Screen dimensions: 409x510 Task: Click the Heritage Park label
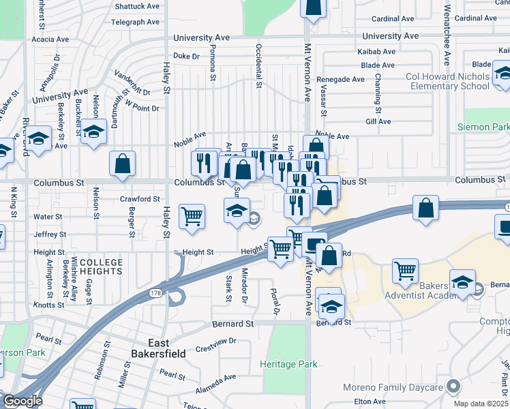pyautogui.click(x=288, y=364)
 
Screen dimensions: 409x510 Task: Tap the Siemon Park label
pyautogui.click(x=483, y=127)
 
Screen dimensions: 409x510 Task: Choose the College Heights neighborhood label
pyautogui.click(x=101, y=267)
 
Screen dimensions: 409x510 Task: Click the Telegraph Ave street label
pyautogui.click(x=136, y=22)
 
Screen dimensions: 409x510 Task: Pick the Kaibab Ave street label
pyautogui.click(x=376, y=52)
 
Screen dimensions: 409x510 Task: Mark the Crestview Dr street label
pyautogui.click(x=215, y=341)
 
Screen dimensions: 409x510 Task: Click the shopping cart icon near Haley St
pyautogui.click(x=192, y=216)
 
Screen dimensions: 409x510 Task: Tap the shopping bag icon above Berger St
pyautogui.click(x=123, y=164)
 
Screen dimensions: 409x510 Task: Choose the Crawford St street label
pyautogui.click(x=139, y=199)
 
